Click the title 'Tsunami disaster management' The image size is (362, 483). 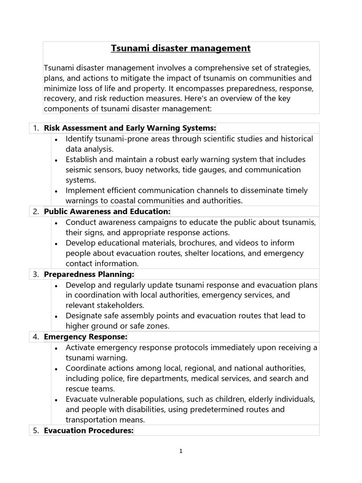(181, 48)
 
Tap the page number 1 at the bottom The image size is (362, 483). (181, 451)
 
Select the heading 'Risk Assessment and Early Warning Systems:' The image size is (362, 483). (130, 128)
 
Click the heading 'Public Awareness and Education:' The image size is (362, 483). (107, 211)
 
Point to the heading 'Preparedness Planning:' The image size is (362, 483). (89, 274)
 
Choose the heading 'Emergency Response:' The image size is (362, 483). (85, 337)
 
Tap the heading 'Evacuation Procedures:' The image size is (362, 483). (89, 430)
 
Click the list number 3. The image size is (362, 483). (36, 274)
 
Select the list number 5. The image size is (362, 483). (36, 430)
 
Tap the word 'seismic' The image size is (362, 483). (79, 170)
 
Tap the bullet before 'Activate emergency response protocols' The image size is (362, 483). (56, 348)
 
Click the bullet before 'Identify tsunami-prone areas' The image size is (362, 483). (56, 140)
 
